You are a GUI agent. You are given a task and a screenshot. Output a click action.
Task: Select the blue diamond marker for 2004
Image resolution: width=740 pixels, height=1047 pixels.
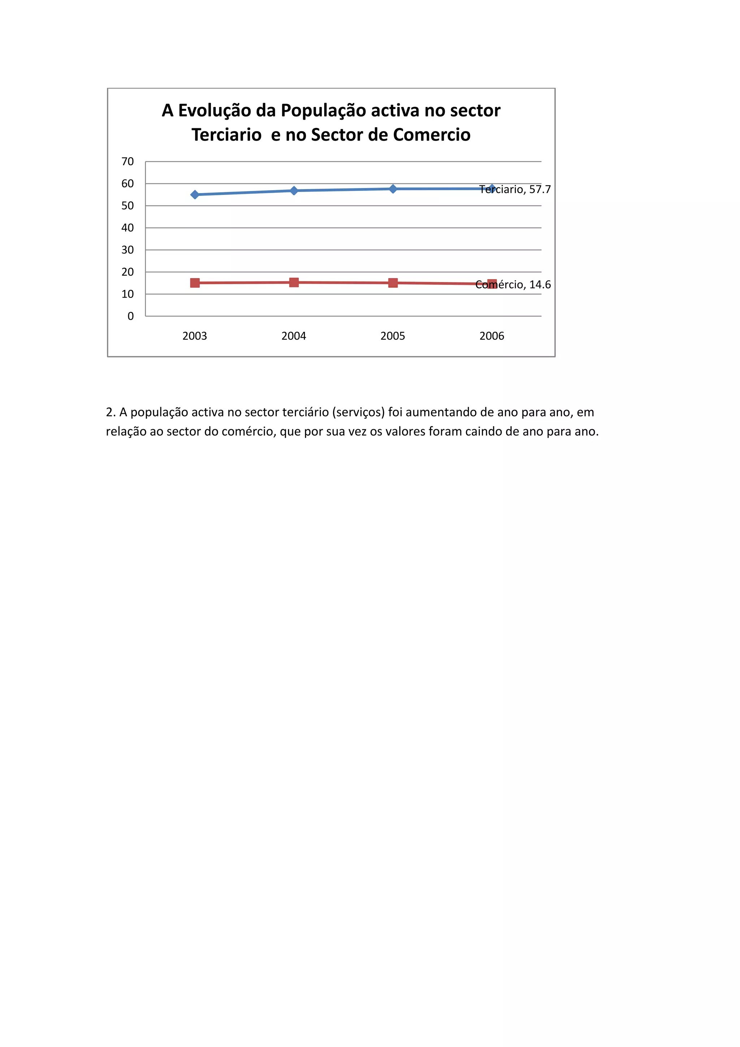point(294,191)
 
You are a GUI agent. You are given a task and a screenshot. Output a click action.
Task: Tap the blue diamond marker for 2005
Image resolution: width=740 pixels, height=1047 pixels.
point(393,189)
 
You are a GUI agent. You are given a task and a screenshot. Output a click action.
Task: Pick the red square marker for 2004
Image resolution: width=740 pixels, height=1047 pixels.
point(294,283)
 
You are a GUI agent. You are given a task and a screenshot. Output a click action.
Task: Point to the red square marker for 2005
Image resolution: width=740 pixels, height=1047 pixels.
point(393,283)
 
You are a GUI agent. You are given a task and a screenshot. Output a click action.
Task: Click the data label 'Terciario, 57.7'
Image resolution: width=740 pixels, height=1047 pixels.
point(515,189)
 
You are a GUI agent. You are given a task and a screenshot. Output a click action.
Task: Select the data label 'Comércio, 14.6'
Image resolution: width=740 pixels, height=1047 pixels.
point(513,285)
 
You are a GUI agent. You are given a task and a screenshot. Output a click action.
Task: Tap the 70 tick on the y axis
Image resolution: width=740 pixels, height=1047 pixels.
point(128,162)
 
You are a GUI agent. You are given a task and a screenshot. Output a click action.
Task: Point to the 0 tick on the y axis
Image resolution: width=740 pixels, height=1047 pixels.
point(131,316)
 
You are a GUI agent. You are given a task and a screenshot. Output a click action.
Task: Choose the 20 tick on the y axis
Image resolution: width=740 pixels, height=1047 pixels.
point(128,272)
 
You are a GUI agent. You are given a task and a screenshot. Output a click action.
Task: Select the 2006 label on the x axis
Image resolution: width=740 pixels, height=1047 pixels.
point(492,336)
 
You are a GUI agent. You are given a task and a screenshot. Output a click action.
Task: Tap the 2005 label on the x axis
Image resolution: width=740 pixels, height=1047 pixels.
point(393,336)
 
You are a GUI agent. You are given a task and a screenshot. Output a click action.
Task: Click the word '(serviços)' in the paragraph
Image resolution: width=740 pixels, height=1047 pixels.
point(358,412)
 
